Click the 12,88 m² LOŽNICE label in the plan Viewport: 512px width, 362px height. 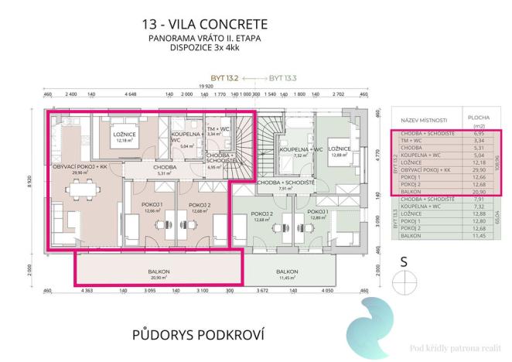click(x=339, y=150)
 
